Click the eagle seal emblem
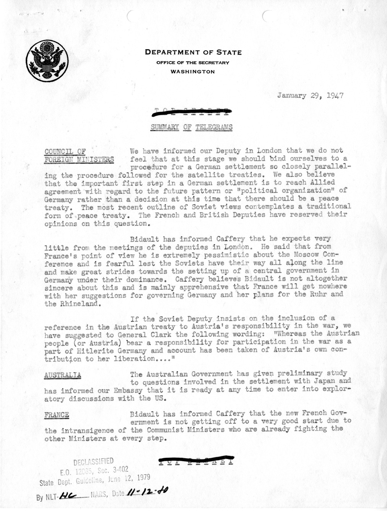[47, 60]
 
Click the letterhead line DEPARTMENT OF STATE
[193, 53]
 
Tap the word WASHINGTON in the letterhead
[192, 71]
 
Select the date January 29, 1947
[310, 96]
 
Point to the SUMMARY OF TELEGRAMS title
[192, 127]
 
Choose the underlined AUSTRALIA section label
[63, 375]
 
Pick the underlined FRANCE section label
[57, 415]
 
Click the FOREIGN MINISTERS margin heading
[79, 160]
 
